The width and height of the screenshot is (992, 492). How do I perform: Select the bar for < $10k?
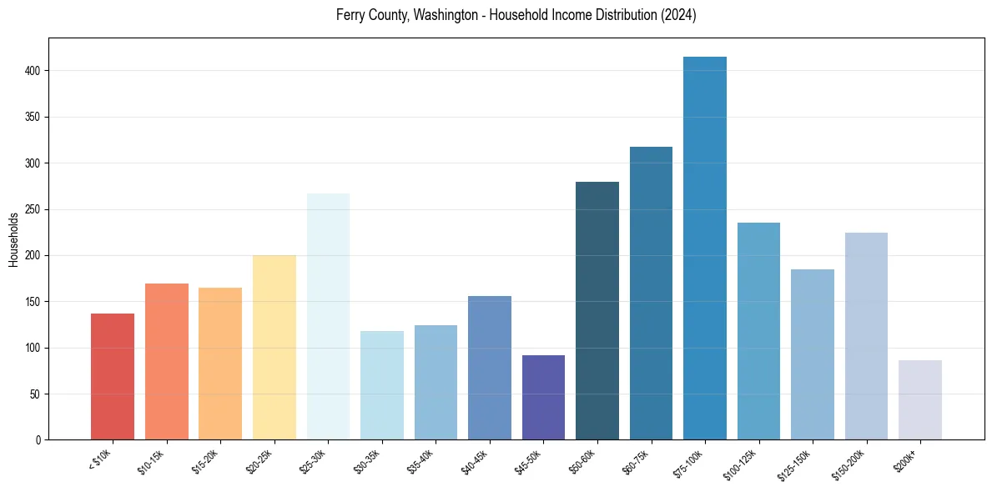113,376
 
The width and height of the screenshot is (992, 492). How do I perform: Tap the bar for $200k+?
920,399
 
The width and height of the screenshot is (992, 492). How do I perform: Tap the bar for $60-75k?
651,293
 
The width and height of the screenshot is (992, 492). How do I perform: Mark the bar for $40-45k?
490,368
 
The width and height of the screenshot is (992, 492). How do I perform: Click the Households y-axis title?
13,239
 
